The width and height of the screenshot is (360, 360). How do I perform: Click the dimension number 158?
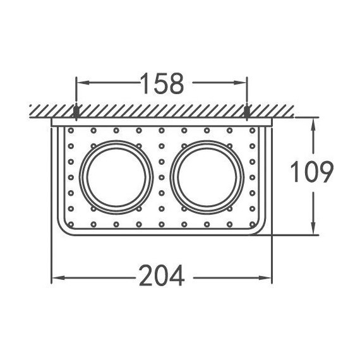(x=161, y=82)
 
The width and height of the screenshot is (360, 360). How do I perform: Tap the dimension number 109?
(x=311, y=172)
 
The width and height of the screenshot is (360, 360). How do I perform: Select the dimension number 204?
(x=161, y=276)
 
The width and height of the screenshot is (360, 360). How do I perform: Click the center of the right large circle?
(x=207, y=176)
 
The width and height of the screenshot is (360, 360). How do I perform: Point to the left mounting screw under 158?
(x=76, y=113)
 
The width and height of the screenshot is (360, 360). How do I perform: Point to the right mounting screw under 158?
(x=247, y=113)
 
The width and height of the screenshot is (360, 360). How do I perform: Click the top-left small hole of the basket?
(x=71, y=131)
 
